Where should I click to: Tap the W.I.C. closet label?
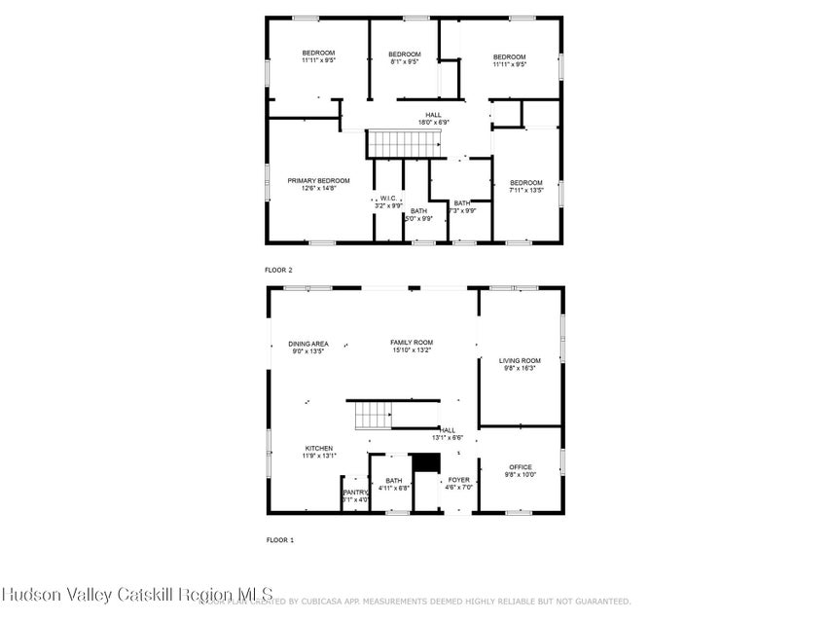point(389,198)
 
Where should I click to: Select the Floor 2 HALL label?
point(433,115)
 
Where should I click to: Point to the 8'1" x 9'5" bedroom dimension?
point(404,62)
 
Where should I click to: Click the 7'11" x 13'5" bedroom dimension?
point(526,191)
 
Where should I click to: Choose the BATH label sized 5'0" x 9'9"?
point(418,211)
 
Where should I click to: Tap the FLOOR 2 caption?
point(278,270)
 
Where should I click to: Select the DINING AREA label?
point(307,343)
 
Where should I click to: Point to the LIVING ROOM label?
point(520,360)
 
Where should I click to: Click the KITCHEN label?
point(318,448)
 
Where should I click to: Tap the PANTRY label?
point(354,493)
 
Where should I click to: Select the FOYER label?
point(458,480)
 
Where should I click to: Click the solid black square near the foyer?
point(425,463)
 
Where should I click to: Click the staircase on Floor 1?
point(373,416)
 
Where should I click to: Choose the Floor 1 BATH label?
point(393,480)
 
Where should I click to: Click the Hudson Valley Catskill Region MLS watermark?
point(137,594)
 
